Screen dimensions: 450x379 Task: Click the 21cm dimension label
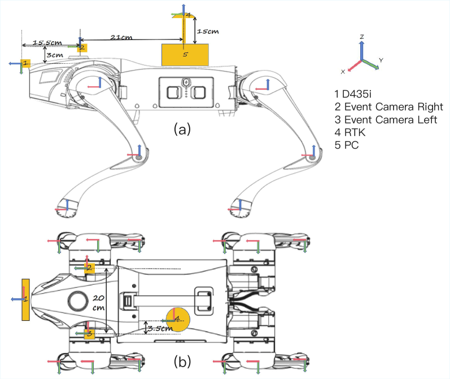tap(121, 37)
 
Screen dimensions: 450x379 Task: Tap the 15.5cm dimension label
tap(47, 43)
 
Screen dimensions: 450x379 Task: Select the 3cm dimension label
tap(55, 55)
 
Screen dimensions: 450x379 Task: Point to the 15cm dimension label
tap(208, 31)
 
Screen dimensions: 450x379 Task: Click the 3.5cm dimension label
tap(160, 328)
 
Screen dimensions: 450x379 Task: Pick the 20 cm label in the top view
tap(98, 303)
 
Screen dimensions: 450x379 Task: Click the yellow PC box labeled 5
tap(185, 55)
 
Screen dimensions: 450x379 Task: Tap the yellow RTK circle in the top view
tap(178, 320)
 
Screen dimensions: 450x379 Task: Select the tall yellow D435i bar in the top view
tap(25, 299)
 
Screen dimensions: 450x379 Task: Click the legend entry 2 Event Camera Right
tap(388, 107)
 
